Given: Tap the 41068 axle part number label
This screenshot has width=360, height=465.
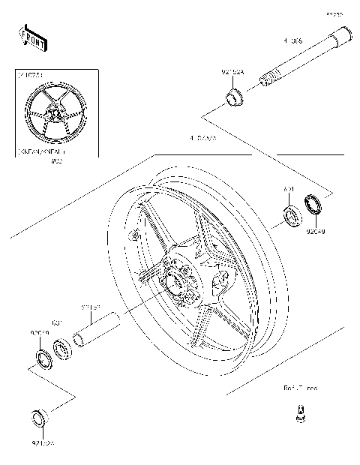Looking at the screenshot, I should pyautogui.click(x=293, y=42).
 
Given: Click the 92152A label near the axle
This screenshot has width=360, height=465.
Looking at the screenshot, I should pyautogui.click(x=233, y=73).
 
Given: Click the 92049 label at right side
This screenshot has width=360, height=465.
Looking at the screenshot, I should pyautogui.click(x=315, y=232).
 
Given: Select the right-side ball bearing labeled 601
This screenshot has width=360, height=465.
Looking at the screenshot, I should pyautogui.click(x=290, y=217).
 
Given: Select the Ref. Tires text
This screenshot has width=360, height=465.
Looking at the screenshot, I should pyautogui.click(x=300, y=388).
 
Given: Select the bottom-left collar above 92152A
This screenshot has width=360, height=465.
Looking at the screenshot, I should pyautogui.click(x=38, y=418).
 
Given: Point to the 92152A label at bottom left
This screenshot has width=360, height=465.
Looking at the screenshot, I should pyautogui.click(x=42, y=443).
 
